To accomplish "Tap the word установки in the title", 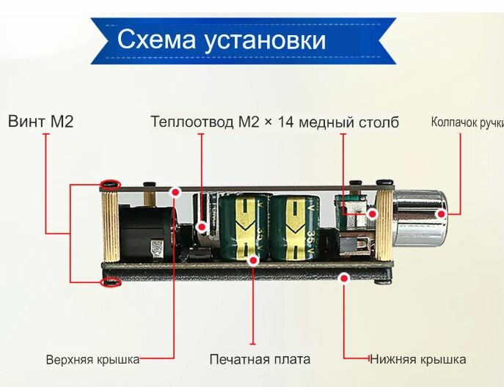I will tap(266, 39).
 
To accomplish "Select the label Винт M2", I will tap(41, 121).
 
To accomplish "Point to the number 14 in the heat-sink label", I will tap(285, 122).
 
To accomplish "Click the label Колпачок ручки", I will tap(467, 122).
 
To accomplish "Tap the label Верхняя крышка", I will tap(92, 360).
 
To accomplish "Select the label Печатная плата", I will tap(260, 359).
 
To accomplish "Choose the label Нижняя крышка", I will tap(417, 359).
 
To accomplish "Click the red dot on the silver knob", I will tap(442, 213).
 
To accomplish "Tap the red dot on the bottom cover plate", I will tap(344, 278).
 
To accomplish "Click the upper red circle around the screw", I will tap(111, 184).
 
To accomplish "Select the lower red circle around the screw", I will tap(111, 281).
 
